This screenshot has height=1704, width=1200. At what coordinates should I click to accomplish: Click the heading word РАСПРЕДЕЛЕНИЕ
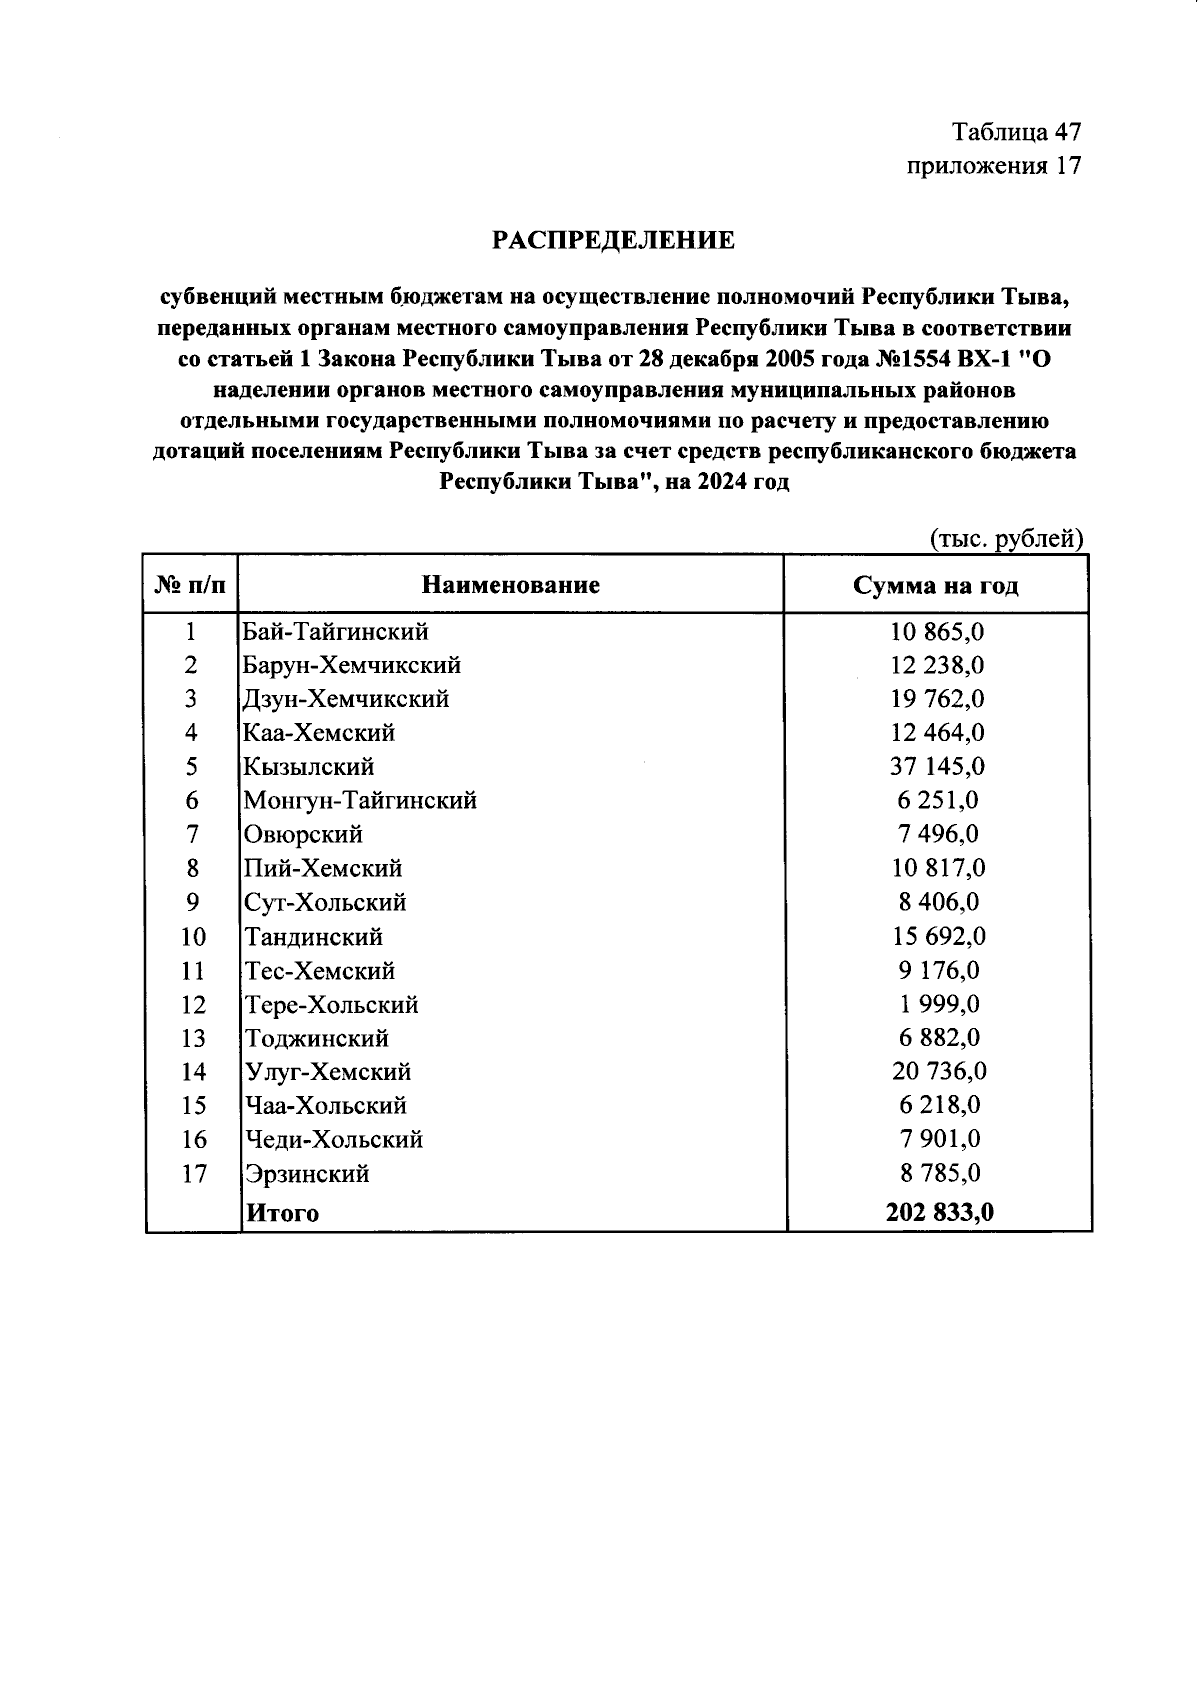(613, 241)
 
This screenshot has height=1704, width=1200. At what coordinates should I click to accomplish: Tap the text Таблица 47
(1016, 132)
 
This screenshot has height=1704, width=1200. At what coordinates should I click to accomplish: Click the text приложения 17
(993, 166)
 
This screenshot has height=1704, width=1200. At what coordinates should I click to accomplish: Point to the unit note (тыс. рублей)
(1006, 539)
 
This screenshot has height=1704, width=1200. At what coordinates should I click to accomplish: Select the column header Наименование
(510, 585)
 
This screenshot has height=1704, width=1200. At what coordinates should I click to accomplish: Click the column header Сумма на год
(935, 586)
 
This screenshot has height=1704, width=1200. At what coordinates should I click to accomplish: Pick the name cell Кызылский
(309, 767)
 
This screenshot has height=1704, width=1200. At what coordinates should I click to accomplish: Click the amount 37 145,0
(936, 767)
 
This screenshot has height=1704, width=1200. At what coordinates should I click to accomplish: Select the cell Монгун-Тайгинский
(360, 801)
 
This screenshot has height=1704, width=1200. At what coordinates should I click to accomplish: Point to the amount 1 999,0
(936, 1004)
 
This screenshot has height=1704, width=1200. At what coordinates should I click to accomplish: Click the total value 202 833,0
(939, 1213)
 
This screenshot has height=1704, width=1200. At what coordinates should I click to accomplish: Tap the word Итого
(283, 1214)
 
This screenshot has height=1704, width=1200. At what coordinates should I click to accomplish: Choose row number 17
(193, 1173)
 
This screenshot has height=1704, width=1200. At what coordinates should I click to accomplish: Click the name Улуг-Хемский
(328, 1072)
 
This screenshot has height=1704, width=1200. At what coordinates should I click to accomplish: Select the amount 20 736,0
(938, 1072)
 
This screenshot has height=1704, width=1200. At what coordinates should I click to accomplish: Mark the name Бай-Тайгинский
(336, 632)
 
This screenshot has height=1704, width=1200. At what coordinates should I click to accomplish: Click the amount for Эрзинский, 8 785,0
(936, 1173)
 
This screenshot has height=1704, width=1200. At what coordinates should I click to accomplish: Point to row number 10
(193, 937)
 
